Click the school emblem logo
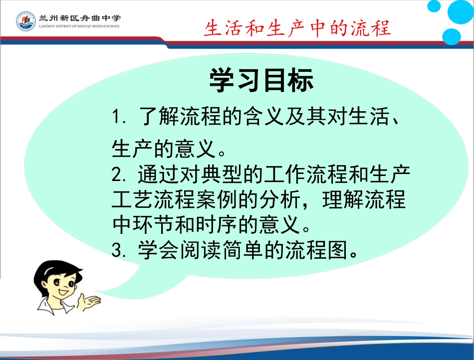(25, 21)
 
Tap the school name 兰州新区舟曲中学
(79, 17)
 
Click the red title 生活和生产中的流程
(297, 28)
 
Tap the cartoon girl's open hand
(91, 300)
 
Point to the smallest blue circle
(434, 6)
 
